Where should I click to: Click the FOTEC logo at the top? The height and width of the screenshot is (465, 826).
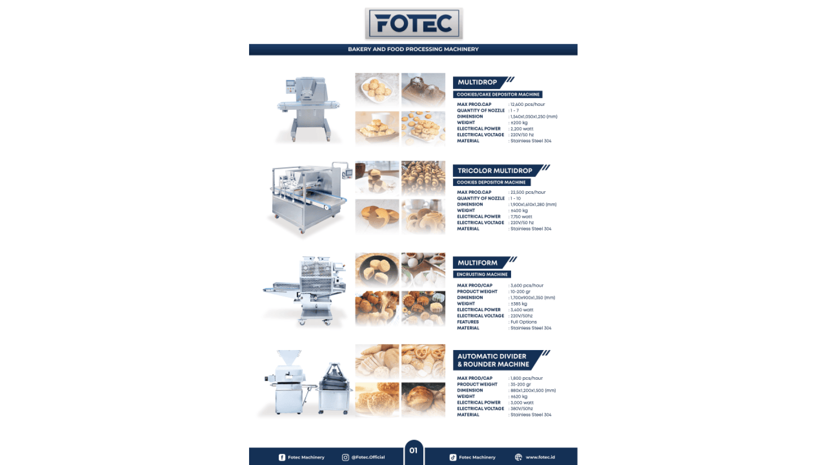coord(413,24)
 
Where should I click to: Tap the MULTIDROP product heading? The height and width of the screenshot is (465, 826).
coord(477,82)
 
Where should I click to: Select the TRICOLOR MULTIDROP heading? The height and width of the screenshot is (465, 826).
coord(495,170)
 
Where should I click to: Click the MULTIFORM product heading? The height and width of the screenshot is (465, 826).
coord(478,263)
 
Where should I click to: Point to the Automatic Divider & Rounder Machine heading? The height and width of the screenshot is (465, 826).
coord(493,360)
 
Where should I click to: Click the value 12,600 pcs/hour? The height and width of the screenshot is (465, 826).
coord(527,105)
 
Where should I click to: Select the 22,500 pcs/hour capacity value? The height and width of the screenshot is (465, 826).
coord(528,192)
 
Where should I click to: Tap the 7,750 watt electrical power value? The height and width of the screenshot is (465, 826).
coord(521,217)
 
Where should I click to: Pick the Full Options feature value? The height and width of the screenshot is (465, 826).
coord(524,322)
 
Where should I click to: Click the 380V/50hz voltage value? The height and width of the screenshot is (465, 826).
coord(522,409)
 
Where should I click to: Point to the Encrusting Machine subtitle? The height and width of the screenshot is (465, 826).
coord(482,275)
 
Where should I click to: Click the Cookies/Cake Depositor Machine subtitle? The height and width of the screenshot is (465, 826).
coord(498,95)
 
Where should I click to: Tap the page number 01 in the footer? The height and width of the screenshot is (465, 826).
coord(413,451)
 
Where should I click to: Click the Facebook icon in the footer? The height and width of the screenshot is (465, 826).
coord(282,458)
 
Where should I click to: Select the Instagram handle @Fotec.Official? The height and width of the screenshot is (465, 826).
coord(368,457)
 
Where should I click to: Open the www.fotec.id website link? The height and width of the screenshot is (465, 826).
coord(540,457)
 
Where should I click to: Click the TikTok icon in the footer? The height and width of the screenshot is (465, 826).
coord(453,458)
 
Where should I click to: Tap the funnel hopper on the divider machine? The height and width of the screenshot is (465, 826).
coord(289,358)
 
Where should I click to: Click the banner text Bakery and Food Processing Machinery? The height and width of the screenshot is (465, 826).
coord(413,50)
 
